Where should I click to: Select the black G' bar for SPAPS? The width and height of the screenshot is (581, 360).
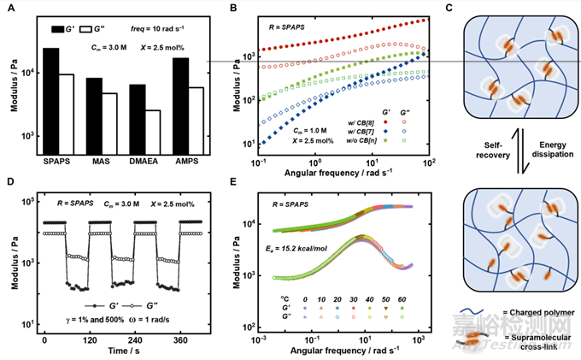[x=50, y=102]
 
